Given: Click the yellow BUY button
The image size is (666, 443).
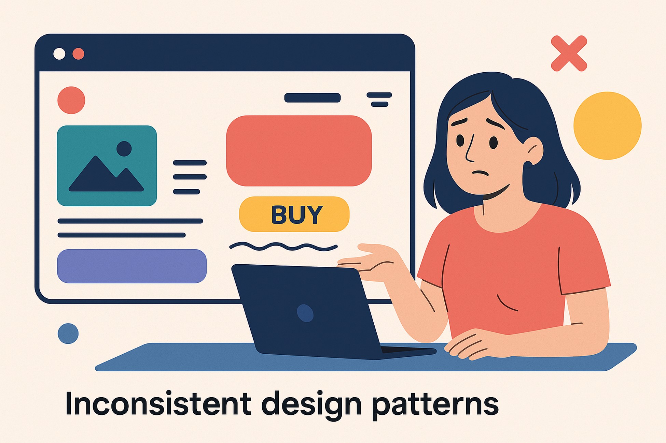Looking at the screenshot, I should click(294, 214).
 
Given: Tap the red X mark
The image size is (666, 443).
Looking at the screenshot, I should click(569, 54).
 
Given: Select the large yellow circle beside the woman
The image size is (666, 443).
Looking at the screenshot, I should click(607, 125).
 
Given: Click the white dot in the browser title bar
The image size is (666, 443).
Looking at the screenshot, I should click(59, 54).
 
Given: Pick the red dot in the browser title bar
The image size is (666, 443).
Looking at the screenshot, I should click(79, 54).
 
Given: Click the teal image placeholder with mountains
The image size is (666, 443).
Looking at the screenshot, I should click(107, 166).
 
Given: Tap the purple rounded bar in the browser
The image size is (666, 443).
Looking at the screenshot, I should click(132, 266).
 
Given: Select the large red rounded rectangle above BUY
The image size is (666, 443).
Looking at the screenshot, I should click(299, 151).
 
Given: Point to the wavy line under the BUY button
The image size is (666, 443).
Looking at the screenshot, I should click(283, 246).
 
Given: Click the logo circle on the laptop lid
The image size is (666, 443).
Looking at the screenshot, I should click(305, 313).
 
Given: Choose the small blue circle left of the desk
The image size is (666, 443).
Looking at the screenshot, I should click(68, 333).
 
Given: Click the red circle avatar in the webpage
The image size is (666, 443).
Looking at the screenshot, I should click(71, 100).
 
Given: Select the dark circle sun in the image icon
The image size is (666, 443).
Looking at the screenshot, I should click(124, 149).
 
